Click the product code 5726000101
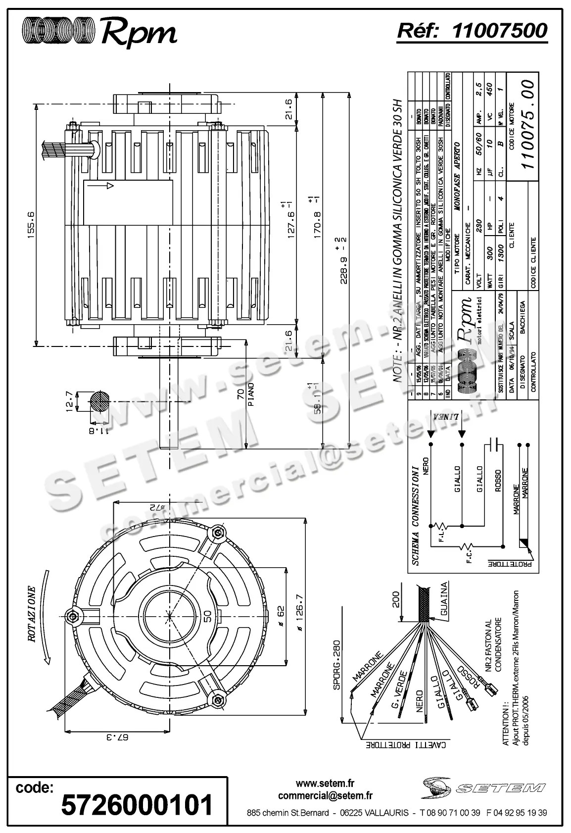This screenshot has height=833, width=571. tap(137, 804)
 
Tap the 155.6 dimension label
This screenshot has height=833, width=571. tap(31, 225)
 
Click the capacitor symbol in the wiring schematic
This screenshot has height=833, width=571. tap(493, 444)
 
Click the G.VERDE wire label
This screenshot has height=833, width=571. tap(400, 686)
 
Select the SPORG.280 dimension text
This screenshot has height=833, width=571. tap(336, 662)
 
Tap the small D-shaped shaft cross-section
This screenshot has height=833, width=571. tap(101, 401)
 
